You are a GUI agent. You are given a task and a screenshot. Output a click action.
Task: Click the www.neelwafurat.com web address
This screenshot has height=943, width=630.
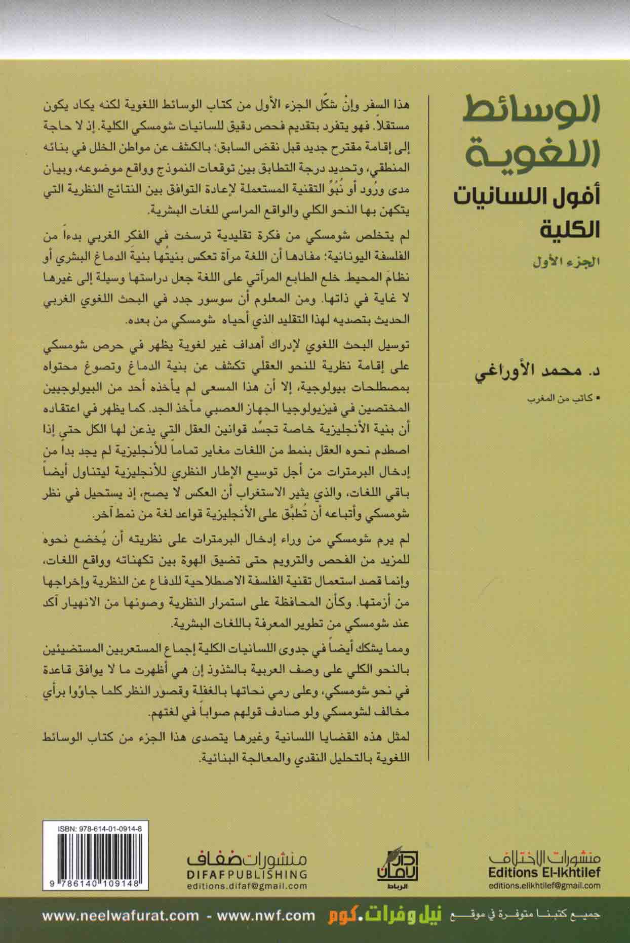coord(121,915)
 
